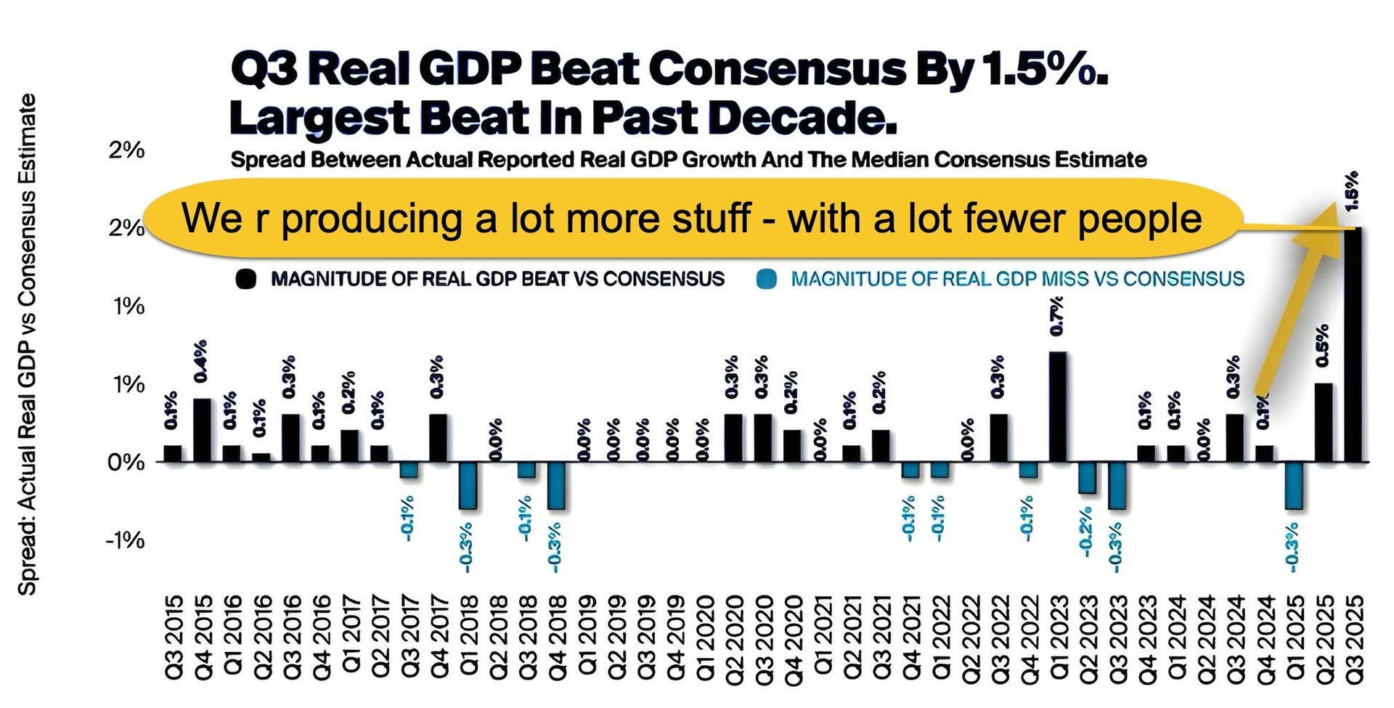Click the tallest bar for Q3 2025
click(1353, 345)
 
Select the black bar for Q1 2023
click(1058, 407)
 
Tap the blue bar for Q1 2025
click(1293, 485)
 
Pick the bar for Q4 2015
click(202, 430)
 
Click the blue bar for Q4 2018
click(556, 485)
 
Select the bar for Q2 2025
click(1323, 423)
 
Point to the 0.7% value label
click(1058, 316)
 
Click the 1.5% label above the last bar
click(1352, 190)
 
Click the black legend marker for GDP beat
click(247, 280)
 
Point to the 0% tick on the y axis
click(126, 463)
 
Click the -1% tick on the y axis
click(125, 540)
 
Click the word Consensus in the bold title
click(777, 70)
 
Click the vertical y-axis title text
click(28, 345)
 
